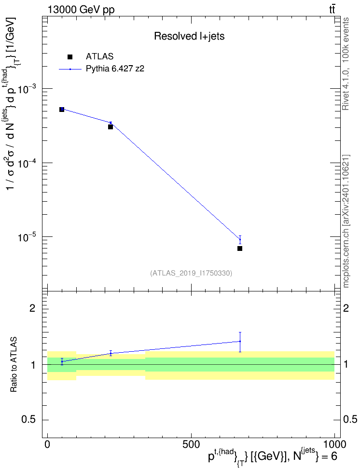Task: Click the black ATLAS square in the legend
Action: point(70,56)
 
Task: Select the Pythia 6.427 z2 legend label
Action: point(115,69)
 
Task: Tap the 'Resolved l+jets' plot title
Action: point(189,36)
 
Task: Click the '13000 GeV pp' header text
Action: point(81,10)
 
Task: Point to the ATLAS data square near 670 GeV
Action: point(240,248)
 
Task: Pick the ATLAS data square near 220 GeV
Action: point(111,127)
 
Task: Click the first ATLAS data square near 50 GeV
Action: point(62,110)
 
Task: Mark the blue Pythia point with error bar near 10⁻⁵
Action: point(240,239)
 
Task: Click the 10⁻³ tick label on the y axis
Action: point(27,88)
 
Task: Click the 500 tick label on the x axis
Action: point(191,444)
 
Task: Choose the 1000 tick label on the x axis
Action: point(334,444)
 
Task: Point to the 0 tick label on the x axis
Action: point(47,444)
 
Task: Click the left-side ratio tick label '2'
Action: point(32,308)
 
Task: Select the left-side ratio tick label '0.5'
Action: point(29,420)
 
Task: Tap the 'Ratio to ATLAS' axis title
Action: point(14,365)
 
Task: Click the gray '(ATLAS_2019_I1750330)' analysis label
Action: point(191,273)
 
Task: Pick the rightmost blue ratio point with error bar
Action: point(240,342)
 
